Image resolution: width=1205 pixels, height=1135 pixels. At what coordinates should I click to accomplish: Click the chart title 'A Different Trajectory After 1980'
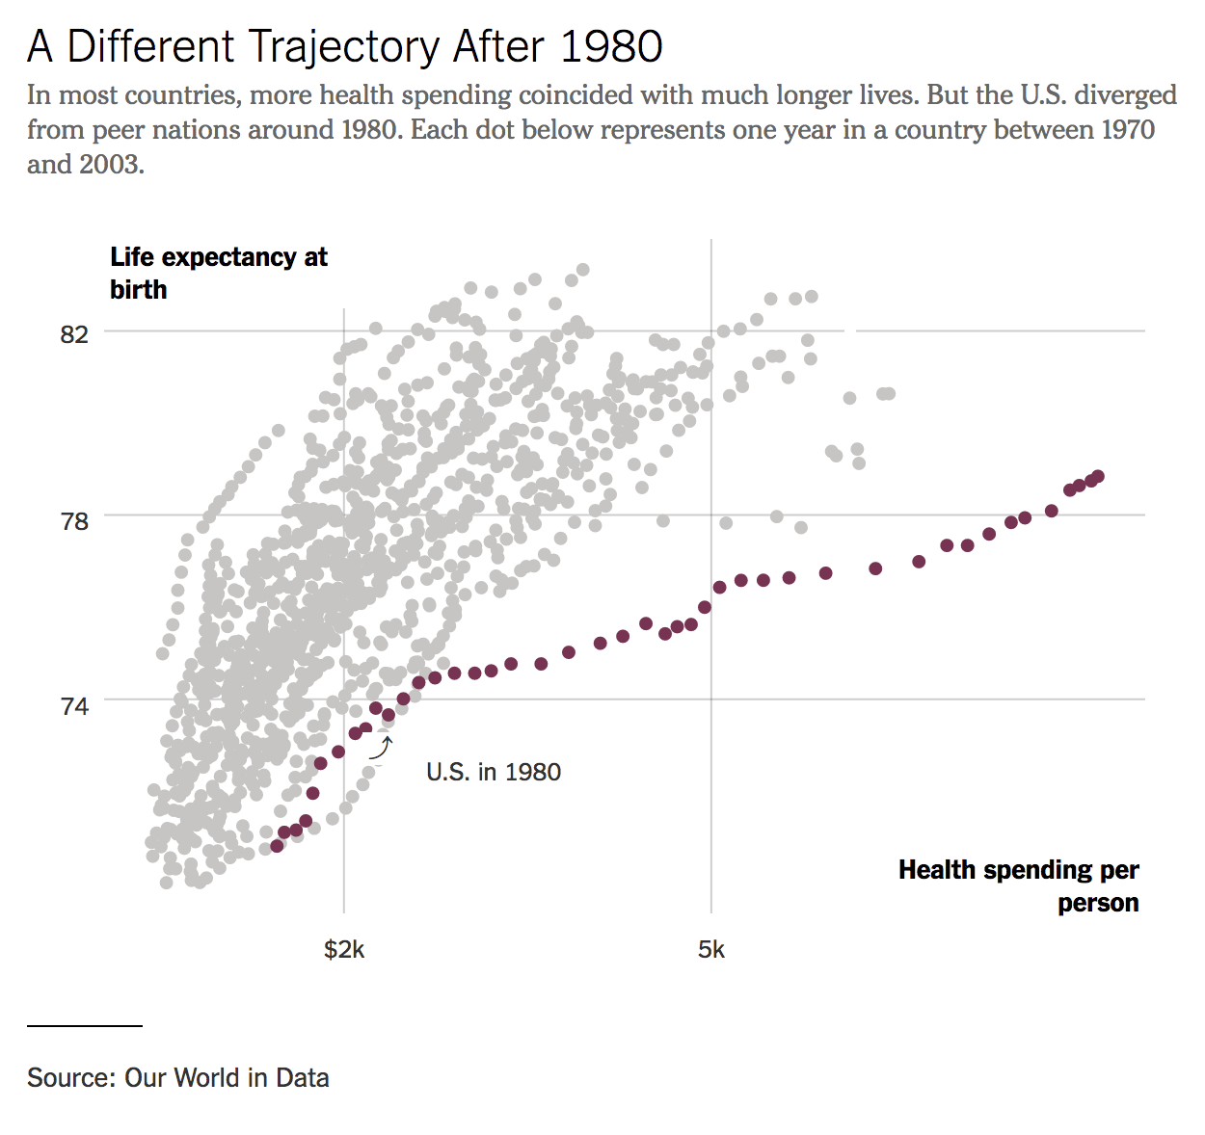click(x=344, y=46)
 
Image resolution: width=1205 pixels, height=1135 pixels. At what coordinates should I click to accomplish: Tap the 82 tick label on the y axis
click(x=74, y=334)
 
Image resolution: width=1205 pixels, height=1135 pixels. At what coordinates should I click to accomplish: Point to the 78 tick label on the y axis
click(x=74, y=520)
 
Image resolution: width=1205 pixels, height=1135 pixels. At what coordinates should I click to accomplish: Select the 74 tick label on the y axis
click(x=74, y=706)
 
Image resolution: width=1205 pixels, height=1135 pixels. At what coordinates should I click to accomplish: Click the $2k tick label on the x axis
click(x=344, y=950)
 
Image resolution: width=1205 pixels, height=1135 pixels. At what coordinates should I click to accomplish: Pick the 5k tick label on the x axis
click(x=710, y=950)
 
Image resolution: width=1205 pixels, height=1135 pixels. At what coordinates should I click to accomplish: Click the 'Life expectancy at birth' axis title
click(x=218, y=273)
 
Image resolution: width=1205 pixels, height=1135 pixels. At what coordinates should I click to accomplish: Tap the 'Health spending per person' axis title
click(x=1019, y=885)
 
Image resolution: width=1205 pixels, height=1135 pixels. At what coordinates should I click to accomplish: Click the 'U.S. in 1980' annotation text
click(x=494, y=772)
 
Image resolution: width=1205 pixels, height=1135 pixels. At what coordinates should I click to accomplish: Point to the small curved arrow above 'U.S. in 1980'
click(x=382, y=748)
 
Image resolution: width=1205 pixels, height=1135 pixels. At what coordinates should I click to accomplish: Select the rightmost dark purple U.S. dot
click(x=1098, y=477)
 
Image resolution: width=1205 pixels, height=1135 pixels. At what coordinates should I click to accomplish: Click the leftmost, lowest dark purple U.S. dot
click(x=277, y=846)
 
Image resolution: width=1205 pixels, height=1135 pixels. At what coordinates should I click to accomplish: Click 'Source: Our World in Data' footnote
click(x=178, y=1077)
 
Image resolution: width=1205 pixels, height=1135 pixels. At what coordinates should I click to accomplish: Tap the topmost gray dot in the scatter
click(x=582, y=270)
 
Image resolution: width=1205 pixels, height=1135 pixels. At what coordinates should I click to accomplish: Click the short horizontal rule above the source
click(x=85, y=1026)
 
